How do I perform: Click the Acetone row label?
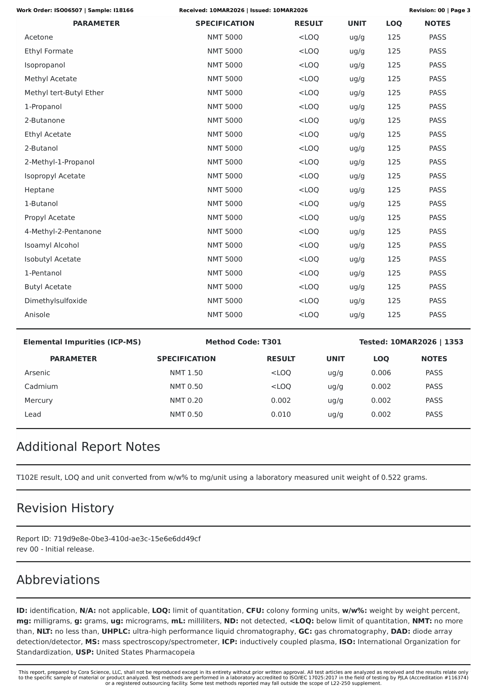39,37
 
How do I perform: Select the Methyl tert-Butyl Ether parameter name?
64,93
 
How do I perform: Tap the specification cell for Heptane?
225,190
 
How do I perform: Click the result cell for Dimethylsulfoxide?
308,300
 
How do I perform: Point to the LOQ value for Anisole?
394,315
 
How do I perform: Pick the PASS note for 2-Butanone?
437,120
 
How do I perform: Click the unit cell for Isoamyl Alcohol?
357,245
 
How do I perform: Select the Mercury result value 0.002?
281,400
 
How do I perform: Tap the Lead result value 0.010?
281,414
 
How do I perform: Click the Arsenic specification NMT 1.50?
186,372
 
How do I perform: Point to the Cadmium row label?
41,386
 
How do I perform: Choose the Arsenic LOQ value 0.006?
381,372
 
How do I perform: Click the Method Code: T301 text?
243,342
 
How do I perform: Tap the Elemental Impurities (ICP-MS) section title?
82,342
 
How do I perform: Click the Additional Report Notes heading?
88,446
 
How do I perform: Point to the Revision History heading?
65,508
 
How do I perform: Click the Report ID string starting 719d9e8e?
127,539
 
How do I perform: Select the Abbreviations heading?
58,579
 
